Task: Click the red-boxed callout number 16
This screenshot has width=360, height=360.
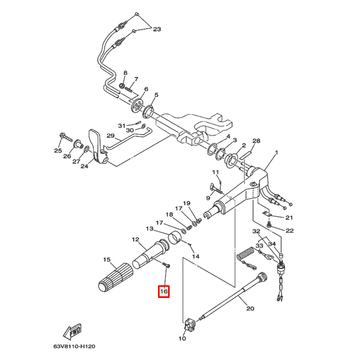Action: point(164,291)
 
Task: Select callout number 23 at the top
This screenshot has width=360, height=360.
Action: point(156,29)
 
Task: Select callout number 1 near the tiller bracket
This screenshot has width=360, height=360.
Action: point(276,153)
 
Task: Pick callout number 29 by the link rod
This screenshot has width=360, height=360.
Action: point(110,136)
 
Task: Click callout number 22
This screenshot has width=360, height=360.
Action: point(289,231)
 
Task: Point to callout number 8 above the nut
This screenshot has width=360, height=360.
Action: point(126,73)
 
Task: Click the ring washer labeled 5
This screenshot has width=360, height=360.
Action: point(148,111)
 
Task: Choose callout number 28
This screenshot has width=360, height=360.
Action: point(257,141)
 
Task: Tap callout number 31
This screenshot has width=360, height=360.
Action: point(121,126)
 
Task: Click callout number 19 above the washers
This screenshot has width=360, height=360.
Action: point(186,204)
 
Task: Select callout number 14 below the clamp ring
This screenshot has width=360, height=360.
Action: point(196,256)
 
